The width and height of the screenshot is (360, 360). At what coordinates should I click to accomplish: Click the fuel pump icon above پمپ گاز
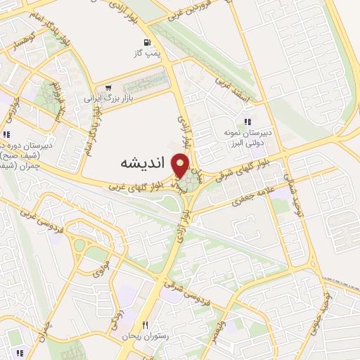146,41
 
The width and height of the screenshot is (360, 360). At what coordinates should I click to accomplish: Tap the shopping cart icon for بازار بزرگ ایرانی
106,88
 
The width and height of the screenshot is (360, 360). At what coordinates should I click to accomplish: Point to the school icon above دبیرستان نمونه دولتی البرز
247,122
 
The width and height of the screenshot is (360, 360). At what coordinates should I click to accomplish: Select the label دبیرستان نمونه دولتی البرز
247,136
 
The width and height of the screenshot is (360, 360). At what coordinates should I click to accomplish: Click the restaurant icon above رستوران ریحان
146,325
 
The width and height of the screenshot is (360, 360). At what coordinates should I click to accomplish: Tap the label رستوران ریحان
146,335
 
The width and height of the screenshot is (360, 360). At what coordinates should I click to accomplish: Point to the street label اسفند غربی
233,89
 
